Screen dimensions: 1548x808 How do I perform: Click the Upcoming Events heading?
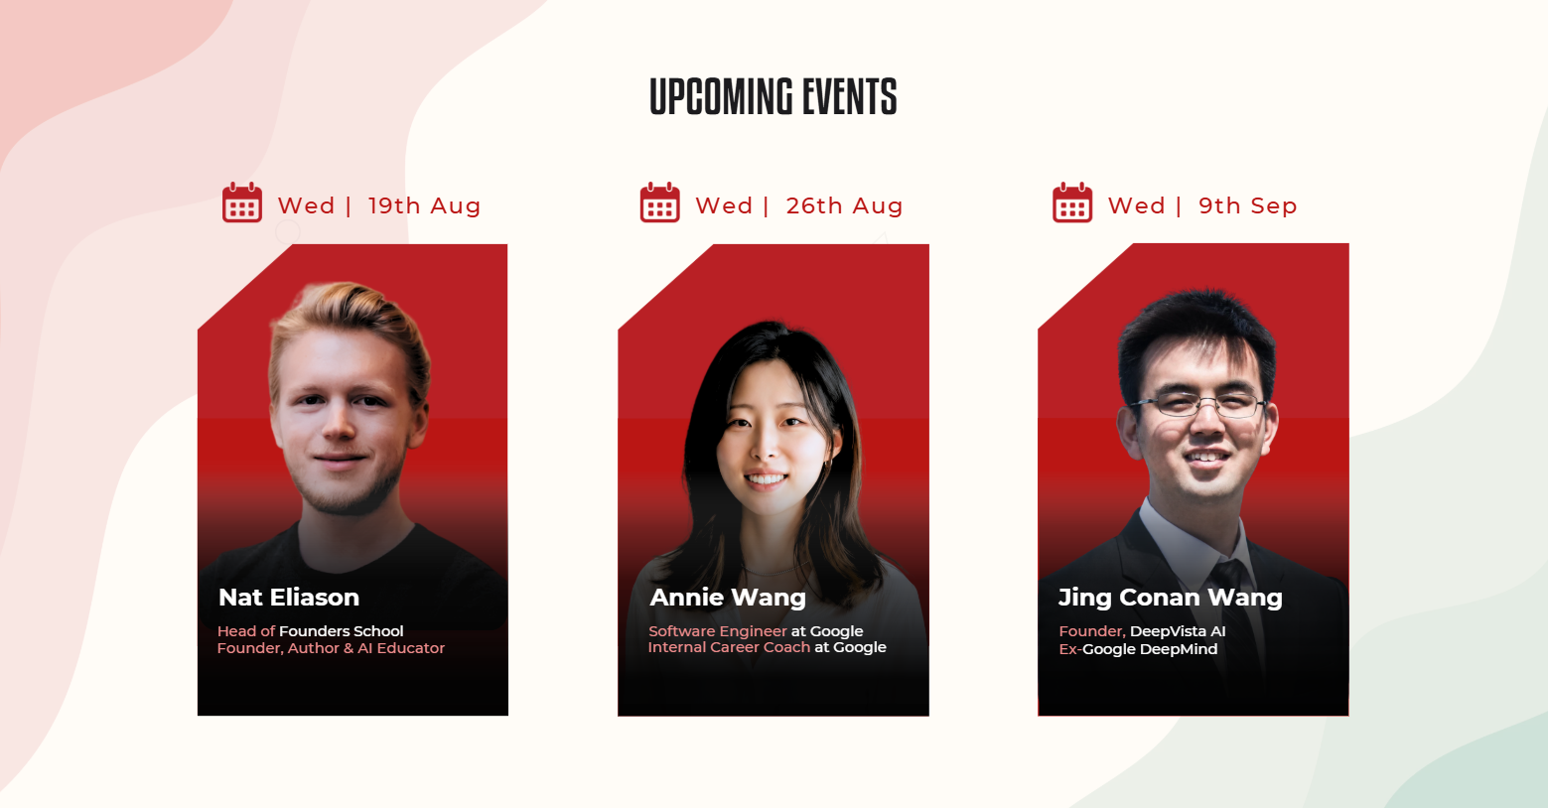(x=774, y=96)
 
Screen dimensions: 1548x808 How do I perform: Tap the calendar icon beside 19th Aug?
(x=242, y=202)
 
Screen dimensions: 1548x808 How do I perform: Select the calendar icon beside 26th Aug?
(x=660, y=202)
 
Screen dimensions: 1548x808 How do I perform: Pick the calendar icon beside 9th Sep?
(x=1072, y=202)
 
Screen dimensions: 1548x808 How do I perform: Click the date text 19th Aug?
(x=424, y=205)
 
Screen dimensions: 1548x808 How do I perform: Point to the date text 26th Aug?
(x=844, y=205)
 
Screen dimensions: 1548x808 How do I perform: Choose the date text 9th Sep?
(x=1248, y=205)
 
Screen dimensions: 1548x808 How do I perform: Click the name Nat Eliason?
(x=289, y=598)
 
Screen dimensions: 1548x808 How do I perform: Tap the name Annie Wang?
(x=728, y=598)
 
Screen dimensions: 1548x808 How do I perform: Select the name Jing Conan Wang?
(x=1171, y=598)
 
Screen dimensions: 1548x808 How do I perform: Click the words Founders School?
(x=342, y=631)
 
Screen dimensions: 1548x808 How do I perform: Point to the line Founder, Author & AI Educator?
(x=331, y=648)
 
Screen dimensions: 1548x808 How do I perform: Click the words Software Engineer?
(x=717, y=631)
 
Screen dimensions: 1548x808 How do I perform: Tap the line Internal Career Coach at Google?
(x=768, y=647)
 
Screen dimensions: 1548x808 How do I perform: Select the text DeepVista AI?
(x=1178, y=631)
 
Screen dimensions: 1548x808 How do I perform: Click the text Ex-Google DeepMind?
(x=1138, y=649)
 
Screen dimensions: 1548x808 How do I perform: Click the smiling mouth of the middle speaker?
(x=766, y=478)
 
